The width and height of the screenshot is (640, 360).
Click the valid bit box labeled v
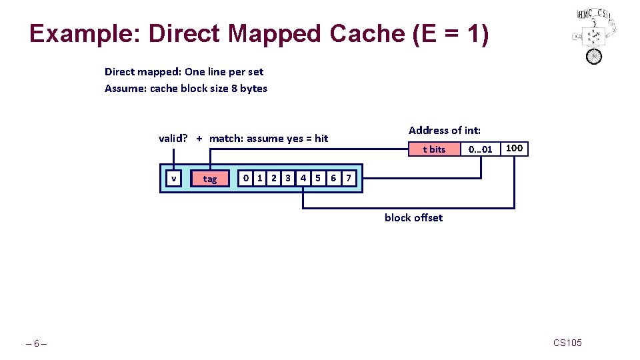[174, 178]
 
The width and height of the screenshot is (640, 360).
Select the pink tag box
[209, 179]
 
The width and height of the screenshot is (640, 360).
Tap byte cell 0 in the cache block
[246, 178]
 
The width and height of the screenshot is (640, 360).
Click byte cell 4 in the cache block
[303, 178]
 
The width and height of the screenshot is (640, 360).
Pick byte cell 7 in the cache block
[348, 178]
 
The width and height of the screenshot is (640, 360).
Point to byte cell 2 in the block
[274, 178]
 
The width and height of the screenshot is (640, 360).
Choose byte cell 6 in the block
[333, 178]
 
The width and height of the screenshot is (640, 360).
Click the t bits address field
[434, 149]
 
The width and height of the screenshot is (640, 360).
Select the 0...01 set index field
[480, 149]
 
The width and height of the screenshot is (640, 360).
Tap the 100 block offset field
[514, 148]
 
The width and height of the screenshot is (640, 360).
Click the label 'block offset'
[413, 218]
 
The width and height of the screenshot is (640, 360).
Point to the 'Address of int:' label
[444, 131]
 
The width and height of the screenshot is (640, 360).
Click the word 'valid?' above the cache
[173, 139]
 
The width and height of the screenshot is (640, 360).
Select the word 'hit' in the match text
[321, 139]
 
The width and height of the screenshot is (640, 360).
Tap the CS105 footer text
[567, 343]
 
